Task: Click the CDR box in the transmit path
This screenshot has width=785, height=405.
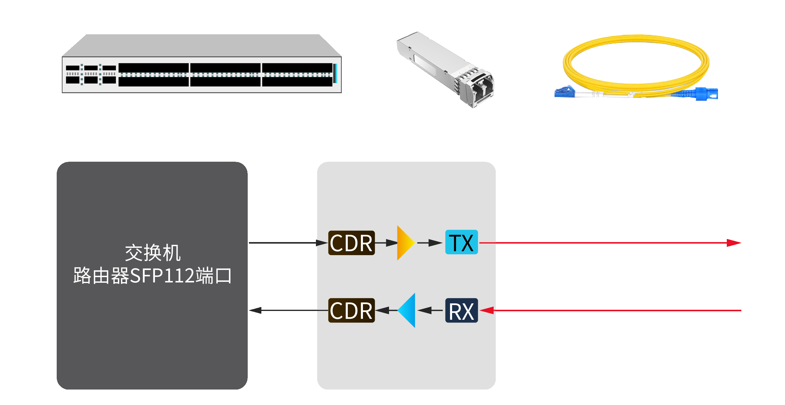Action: [x=351, y=243]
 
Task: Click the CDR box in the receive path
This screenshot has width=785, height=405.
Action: [x=351, y=310]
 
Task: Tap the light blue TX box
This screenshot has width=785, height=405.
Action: [x=461, y=242]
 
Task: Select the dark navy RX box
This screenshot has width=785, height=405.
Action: [x=461, y=310]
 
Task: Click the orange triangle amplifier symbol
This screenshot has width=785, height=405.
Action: [x=405, y=243]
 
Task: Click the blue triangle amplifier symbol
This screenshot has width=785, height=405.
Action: [x=408, y=310]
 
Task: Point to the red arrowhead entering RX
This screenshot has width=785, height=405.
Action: [x=487, y=310]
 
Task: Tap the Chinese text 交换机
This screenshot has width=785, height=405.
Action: [x=153, y=253]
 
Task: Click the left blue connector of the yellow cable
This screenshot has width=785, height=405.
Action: [x=564, y=92]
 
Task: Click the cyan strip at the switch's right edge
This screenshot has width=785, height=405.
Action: [x=335, y=73]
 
